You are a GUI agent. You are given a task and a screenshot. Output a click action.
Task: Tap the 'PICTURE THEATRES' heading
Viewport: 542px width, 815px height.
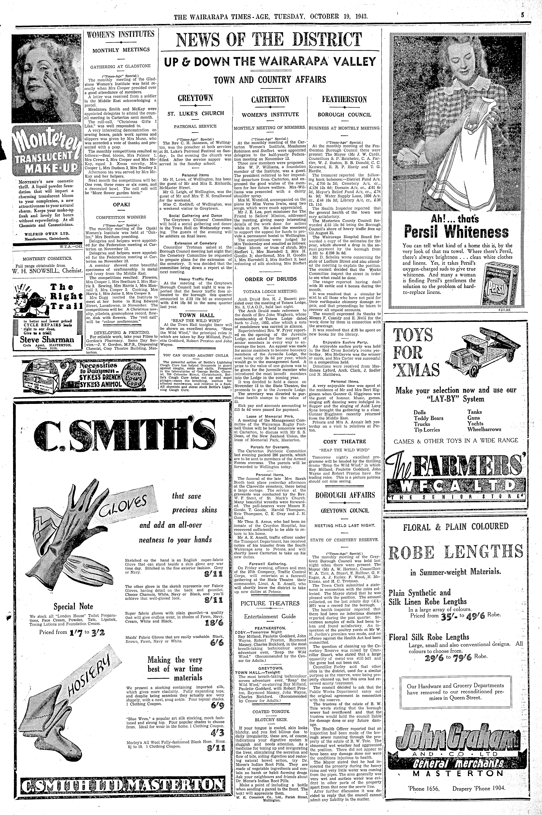pyautogui.click(x=270, y=603)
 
